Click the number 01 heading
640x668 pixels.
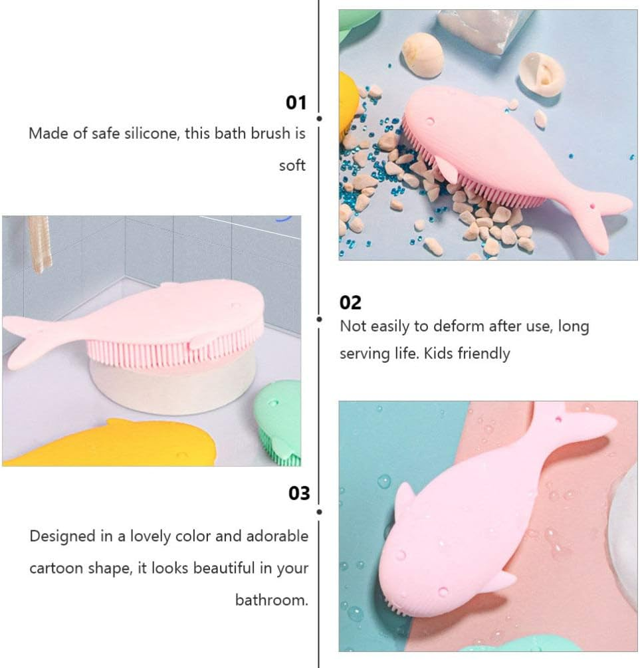click(296, 103)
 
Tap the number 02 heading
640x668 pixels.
click(350, 302)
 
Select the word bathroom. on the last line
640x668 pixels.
click(272, 600)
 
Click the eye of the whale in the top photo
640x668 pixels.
click(430, 121)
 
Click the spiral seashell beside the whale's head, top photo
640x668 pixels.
click(422, 55)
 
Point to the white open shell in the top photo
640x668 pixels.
click(542, 74)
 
